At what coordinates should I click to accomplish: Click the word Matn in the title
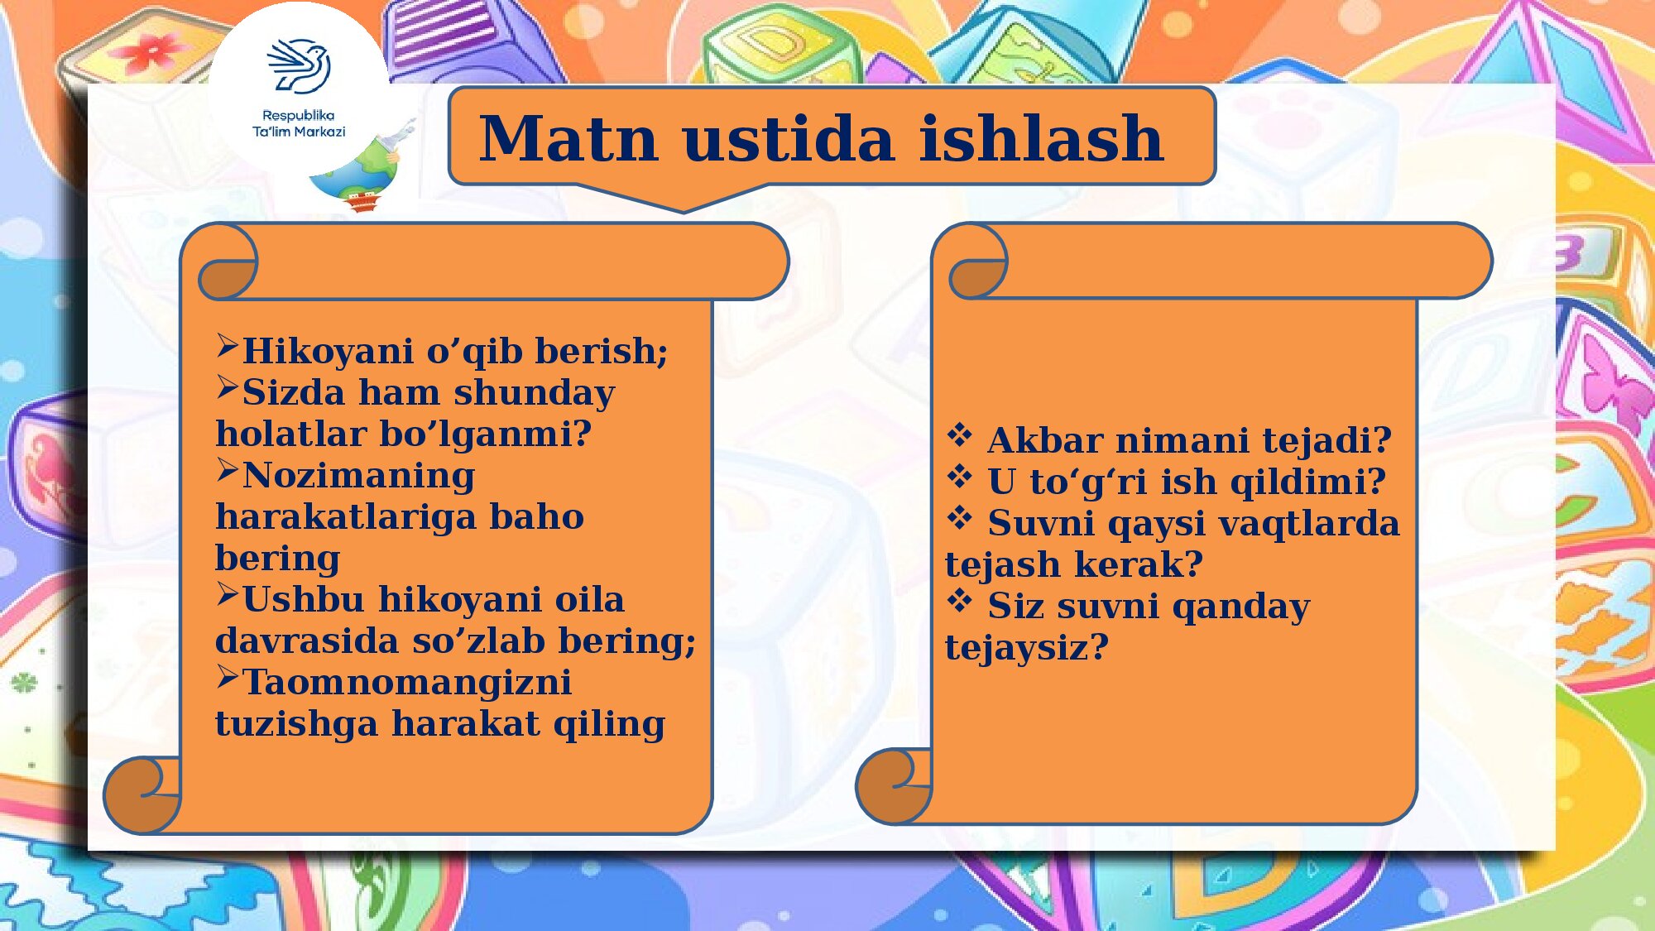click(x=569, y=138)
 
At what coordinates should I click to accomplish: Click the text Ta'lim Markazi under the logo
click(x=299, y=132)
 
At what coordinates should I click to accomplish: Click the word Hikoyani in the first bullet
click(x=327, y=352)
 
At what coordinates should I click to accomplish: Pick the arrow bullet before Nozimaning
click(x=228, y=471)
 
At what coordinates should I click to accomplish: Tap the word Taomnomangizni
click(x=406, y=684)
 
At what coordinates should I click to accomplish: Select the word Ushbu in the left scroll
click(x=303, y=599)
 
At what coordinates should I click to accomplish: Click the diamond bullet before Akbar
click(x=959, y=434)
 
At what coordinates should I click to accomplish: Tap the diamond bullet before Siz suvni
click(x=959, y=600)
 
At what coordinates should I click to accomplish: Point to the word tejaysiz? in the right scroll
click(x=1026, y=648)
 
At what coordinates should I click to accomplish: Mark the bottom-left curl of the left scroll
click(x=142, y=794)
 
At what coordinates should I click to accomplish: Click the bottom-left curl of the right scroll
click(x=894, y=786)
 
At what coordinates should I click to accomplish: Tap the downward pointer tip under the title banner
click(x=684, y=212)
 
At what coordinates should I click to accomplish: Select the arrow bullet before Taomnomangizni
click(x=228, y=678)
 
